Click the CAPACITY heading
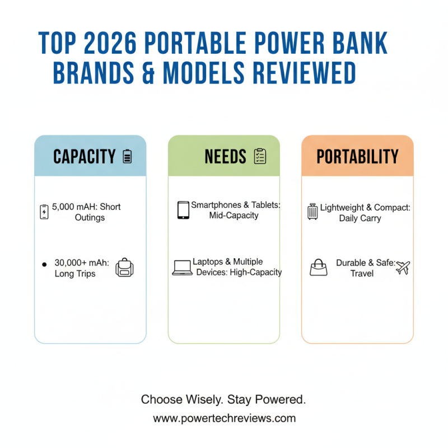[x=85, y=157]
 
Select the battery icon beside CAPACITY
[x=127, y=157]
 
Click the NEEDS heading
[x=225, y=157]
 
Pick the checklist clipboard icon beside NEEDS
[x=260, y=157]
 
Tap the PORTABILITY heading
[x=357, y=157]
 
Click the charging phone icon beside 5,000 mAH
[x=44, y=212]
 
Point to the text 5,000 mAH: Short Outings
[x=87, y=212]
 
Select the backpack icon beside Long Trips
[x=123, y=268]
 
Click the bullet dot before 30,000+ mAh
[x=44, y=263]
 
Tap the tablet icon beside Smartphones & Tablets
[x=183, y=210]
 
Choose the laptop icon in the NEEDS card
[x=182, y=267]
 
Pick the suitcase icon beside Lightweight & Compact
[x=312, y=212]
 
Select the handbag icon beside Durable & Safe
[x=318, y=268]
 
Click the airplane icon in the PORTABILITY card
[x=403, y=267]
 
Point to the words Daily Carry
[x=360, y=218]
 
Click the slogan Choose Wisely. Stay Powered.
[x=223, y=399]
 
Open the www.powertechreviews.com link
[x=224, y=418]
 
